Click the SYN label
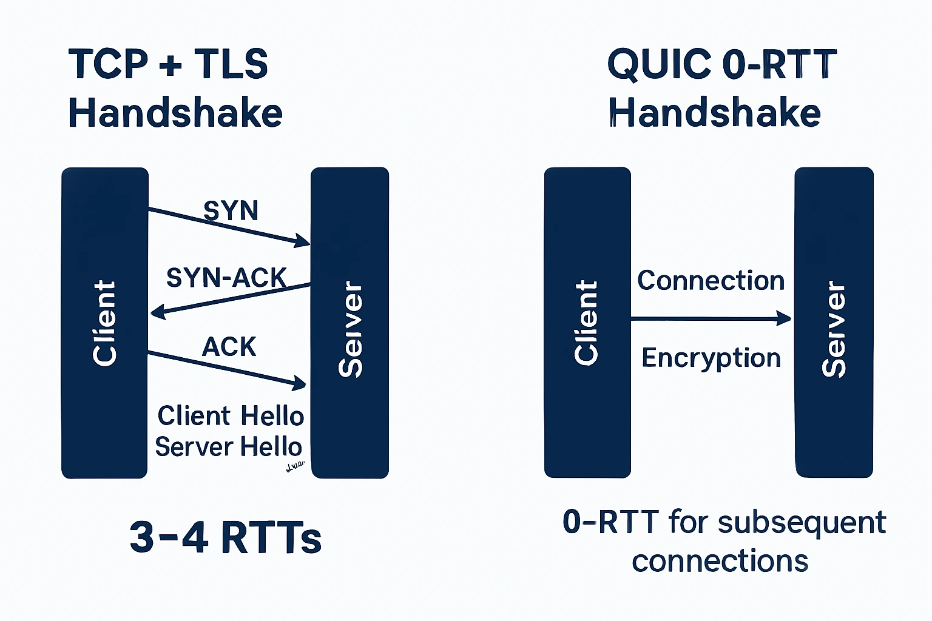(231, 211)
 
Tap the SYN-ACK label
(226, 278)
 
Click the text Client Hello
(231, 416)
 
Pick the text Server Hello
(228, 447)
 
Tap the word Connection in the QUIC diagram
(711, 281)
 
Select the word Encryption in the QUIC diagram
(711, 358)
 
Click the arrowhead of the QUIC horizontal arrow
(785, 318)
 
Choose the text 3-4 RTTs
(225, 537)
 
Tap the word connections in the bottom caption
(720, 562)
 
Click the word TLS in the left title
(231, 64)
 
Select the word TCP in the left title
(108, 64)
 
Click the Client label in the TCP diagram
(104, 323)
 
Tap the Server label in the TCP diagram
(350, 329)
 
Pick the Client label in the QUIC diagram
(587, 323)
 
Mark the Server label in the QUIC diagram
(834, 329)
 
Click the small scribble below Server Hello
(294, 467)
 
